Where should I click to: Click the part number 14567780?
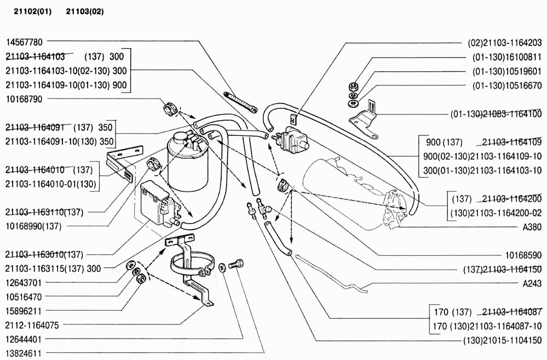pyautogui.click(x=24, y=42)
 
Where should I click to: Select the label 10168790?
pyautogui.click(x=24, y=99)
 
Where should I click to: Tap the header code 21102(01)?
pyautogui.click(x=32, y=12)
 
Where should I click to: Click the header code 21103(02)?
pyautogui.click(x=85, y=12)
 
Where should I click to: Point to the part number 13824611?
pyautogui.click(x=24, y=353)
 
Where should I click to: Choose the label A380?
pyautogui.click(x=532, y=227)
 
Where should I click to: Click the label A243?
pyautogui.click(x=532, y=283)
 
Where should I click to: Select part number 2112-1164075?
pyautogui.click(x=32, y=325)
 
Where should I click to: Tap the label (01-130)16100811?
pyautogui.click(x=507, y=57)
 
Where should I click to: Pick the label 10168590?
pyautogui.click(x=523, y=255)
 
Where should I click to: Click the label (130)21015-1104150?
pyautogui.click(x=502, y=340)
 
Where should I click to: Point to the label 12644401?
pyautogui.click(x=24, y=339)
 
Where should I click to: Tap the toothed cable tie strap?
pyautogui.click(x=240, y=102)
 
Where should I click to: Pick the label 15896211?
pyautogui.click(x=24, y=311)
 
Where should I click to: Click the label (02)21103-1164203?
pyautogui.click(x=504, y=43)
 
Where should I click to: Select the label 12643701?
pyautogui.click(x=24, y=283)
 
